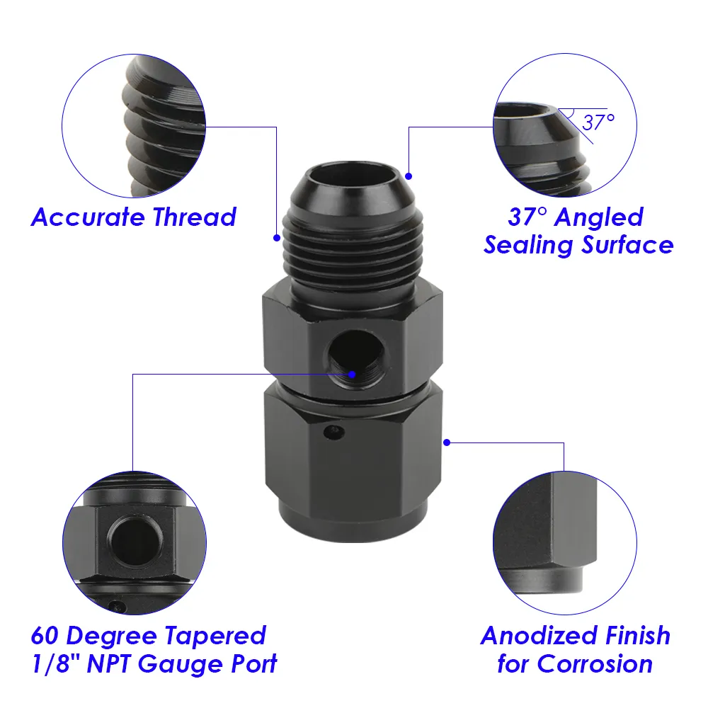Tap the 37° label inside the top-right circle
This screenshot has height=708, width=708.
click(x=598, y=122)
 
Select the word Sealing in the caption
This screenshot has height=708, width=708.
click(x=528, y=245)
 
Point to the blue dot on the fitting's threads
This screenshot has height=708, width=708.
click(x=277, y=238)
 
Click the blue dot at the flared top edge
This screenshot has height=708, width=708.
click(x=409, y=175)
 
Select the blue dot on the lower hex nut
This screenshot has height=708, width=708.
click(x=447, y=442)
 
